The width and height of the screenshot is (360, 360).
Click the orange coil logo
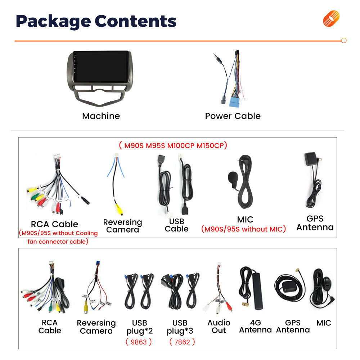point(331,19)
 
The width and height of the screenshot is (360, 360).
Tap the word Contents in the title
point(135,21)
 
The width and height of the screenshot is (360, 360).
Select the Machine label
point(101,116)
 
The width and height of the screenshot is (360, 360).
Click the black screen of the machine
point(101,66)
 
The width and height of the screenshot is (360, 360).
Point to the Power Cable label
point(233,116)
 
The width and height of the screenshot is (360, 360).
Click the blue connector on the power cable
point(234,102)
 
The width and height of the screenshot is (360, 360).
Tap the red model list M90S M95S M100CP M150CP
point(173,145)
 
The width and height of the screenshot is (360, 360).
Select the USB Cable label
point(176,225)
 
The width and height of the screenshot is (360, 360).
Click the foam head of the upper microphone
point(232,177)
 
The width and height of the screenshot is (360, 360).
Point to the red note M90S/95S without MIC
point(243,229)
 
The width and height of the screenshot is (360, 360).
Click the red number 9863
point(139,342)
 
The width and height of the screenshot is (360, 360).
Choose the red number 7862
point(182,342)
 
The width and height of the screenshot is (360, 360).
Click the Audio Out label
point(219,327)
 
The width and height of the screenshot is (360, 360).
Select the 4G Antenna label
point(255,326)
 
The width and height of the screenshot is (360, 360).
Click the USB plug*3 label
point(180,327)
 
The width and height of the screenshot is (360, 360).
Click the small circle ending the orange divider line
point(344,40)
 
